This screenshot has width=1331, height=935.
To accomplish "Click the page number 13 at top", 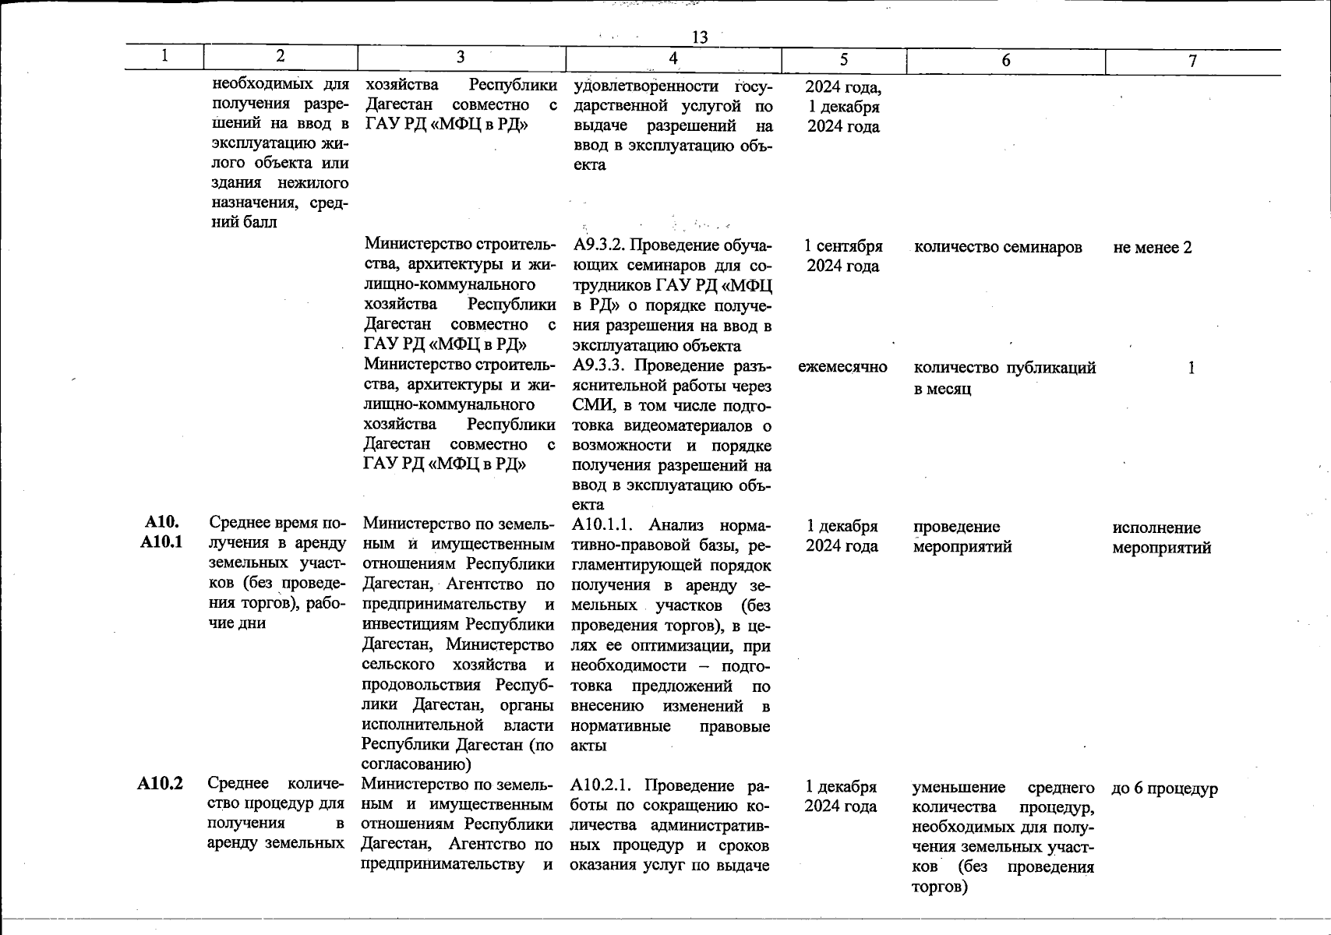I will coord(699,37).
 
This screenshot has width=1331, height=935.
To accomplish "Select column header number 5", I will coord(844,60).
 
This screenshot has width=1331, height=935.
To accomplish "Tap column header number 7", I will coord(1192,61).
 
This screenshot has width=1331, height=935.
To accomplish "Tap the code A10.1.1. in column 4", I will coord(605,525).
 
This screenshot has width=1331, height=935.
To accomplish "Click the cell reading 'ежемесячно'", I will coord(842,367).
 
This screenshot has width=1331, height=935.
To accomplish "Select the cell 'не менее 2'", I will coord(1153,248).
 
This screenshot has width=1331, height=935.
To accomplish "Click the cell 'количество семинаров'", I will coord(997,248).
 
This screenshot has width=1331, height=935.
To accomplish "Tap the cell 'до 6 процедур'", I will coord(1164,789).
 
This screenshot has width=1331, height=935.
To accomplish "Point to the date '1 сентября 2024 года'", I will coord(843,256).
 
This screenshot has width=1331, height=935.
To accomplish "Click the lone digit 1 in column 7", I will coord(1192,368).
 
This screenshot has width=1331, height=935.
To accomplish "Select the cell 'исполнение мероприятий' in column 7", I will coord(1161,538).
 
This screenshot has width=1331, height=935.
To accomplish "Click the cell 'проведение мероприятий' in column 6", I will coord(962,537).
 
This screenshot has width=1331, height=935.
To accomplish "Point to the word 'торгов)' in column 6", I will coord(940,887).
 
